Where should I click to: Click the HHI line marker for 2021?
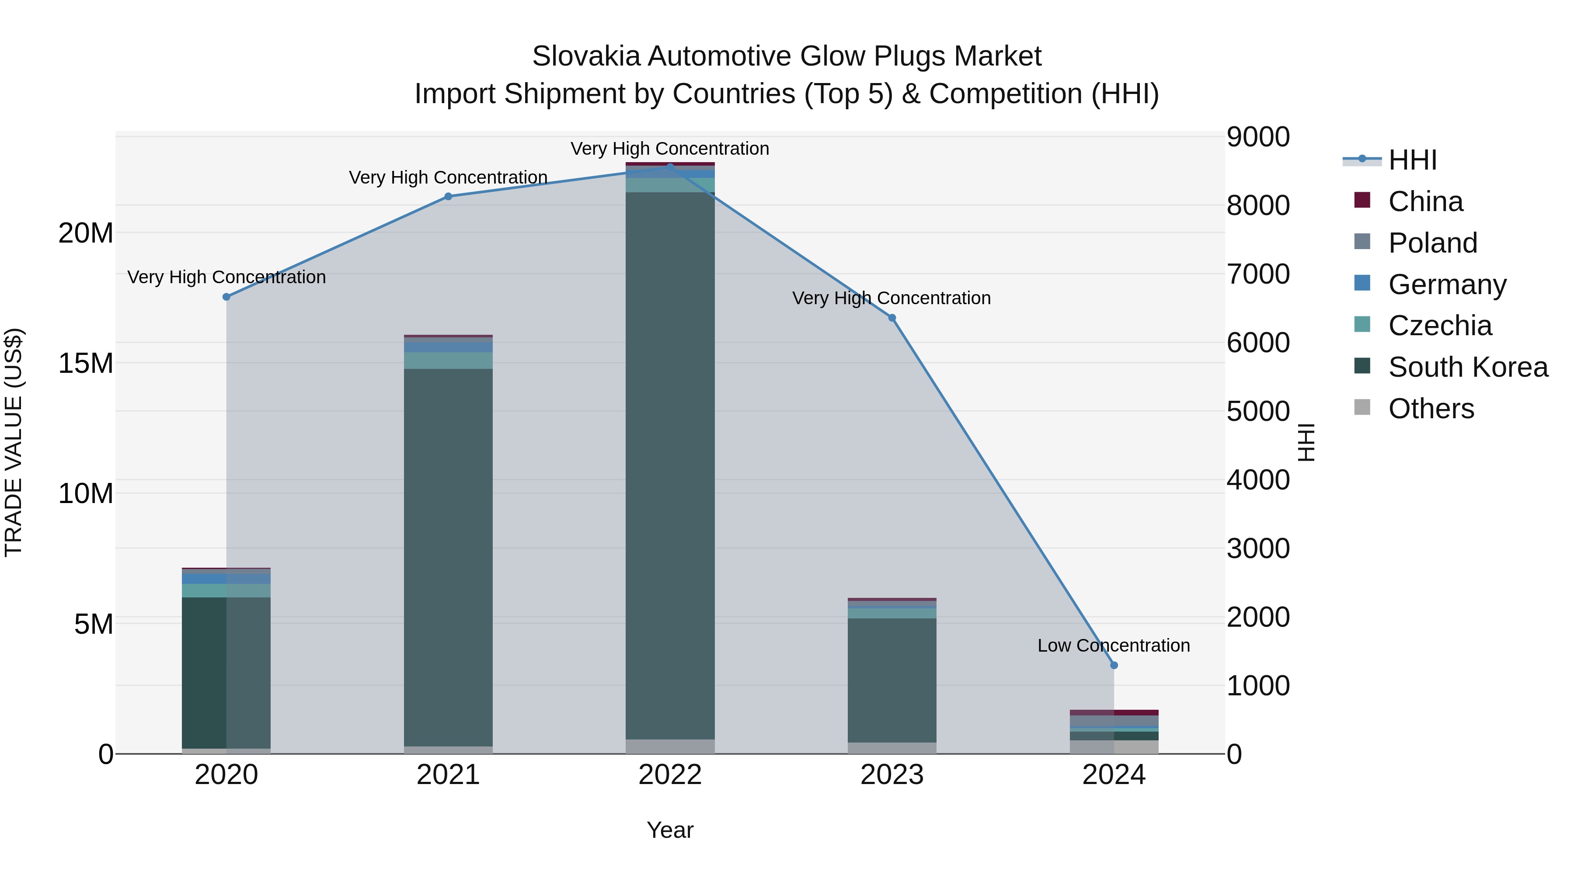448,197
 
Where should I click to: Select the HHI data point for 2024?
1114,665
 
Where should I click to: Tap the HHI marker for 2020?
226,297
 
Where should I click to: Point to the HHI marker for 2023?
892,318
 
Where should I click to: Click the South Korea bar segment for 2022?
670,464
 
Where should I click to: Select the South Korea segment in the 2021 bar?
448,556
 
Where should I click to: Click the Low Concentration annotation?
1113,646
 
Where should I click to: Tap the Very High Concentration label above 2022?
670,149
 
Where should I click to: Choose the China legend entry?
1425,201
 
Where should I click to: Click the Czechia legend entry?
1440,326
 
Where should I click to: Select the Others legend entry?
1431,409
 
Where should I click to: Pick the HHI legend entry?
1412,160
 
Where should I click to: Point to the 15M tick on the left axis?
86,364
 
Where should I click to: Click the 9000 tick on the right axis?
1258,137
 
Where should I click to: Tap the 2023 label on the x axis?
892,775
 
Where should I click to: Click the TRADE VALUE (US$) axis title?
14,442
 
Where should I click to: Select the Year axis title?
670,830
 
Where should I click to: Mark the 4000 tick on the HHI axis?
1258,480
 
